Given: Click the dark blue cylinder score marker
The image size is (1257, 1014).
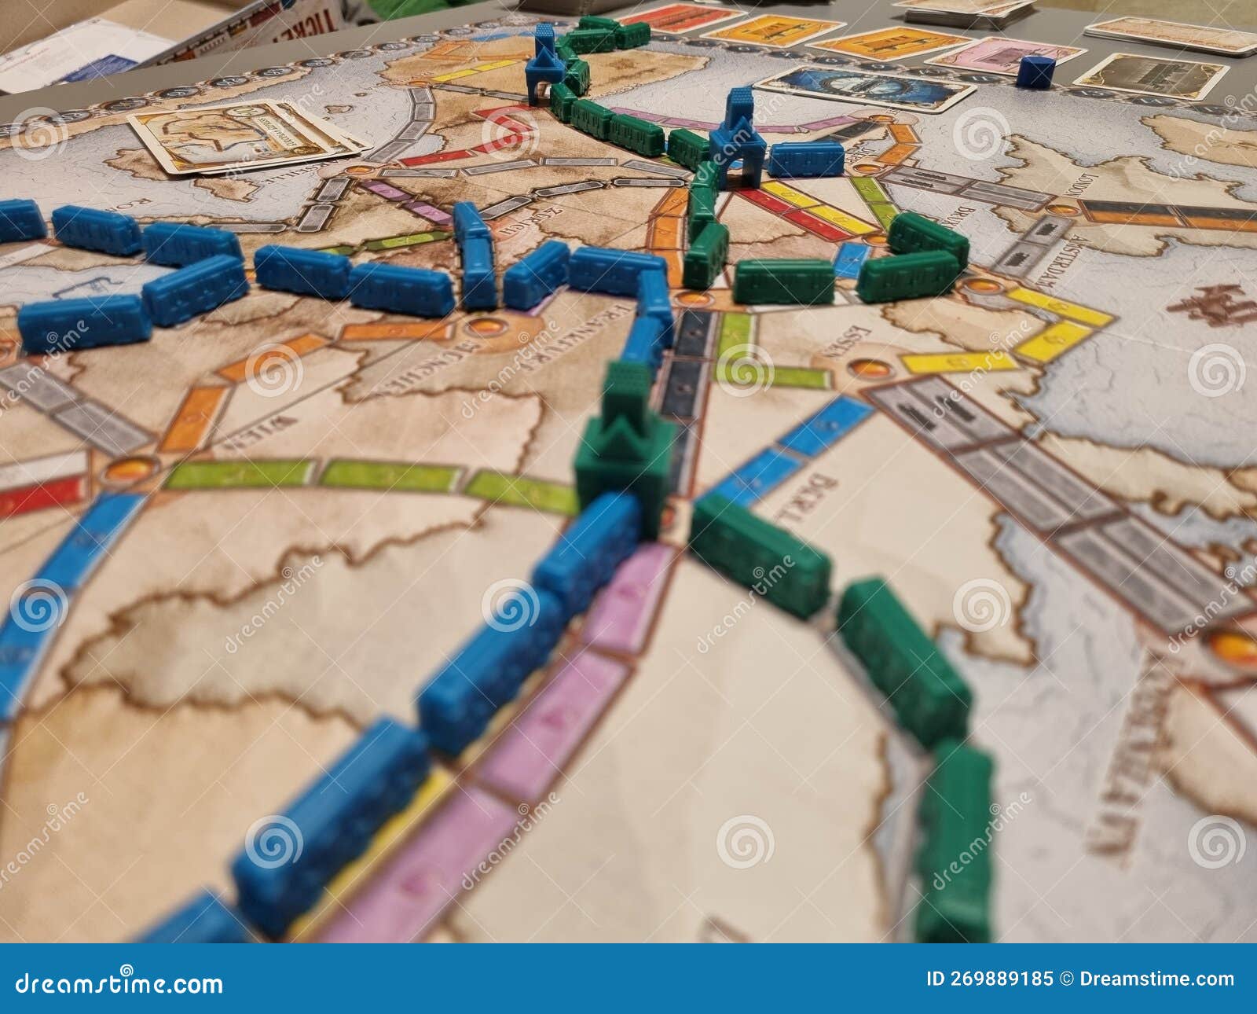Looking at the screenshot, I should coord(1035,72).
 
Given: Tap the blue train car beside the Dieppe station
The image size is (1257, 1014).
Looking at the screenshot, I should coord(804,159).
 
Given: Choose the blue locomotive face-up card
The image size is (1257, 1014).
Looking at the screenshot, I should coord(865,87).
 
